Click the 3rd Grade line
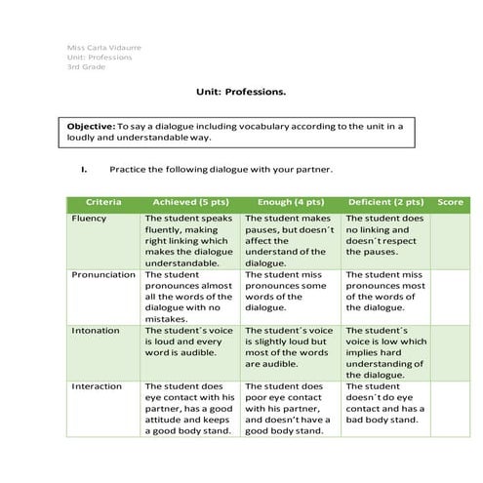(x=84, y=66)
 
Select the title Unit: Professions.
(x=241, y=93)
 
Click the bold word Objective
(x=90, y=127)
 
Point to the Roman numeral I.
(x=84, y=169)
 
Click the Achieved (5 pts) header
(x=190, y=202)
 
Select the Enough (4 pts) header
(x=291, y=202)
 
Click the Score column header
(x=450, y=202)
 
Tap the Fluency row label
(x=89, y=219)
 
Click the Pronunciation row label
(x=103, y=275)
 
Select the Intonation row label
(x=96, y=331)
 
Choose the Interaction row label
(x=98, y=386)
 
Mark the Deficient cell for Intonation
(x=386, y=352)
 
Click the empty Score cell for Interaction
(x=450, y=409)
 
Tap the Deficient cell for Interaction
(x=386, y=403)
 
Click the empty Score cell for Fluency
(x=450, y=240)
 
